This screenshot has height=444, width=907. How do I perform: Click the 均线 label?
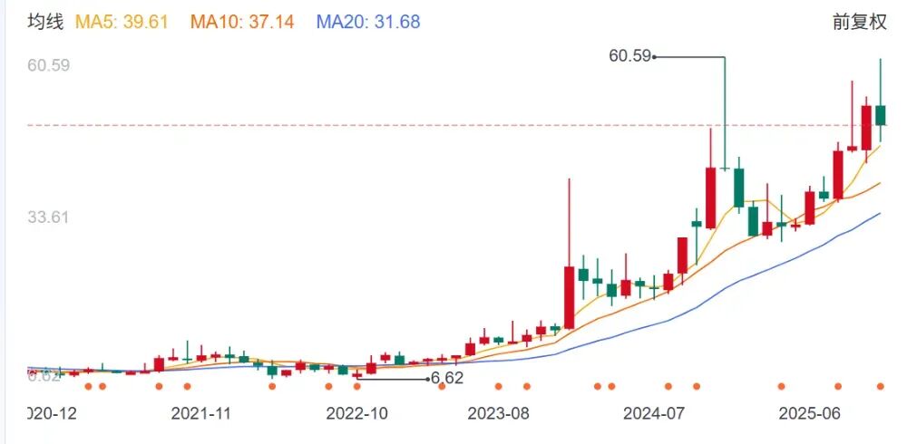tap(45, 22)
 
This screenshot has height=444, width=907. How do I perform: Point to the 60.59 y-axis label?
tap(49, 65)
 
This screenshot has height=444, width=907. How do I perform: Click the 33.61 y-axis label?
tap(49, 217)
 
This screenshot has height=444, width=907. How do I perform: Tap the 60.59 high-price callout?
tap(629, 56)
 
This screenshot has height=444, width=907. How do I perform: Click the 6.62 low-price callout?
tap(447, 378)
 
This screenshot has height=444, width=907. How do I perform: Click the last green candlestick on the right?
tap(880, 115)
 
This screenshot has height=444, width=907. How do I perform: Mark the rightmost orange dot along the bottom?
tap(880, 387)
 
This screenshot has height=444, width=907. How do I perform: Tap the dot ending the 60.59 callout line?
tap(655, 57)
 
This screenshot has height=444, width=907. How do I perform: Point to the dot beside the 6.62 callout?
tap(428, 379)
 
